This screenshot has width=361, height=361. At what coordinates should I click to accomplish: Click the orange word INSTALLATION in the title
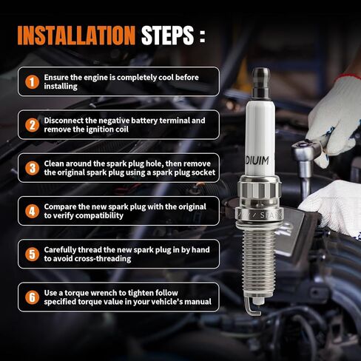click(76, 36)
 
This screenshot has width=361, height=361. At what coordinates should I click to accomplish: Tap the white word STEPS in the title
click(168, 36)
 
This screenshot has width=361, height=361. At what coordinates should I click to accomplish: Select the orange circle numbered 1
click(32, 81)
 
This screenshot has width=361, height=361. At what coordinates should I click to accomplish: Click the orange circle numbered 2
click(32, 125)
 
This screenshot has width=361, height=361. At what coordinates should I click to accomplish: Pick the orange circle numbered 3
click(32, 168)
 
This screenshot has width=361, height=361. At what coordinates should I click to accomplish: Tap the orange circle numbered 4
click(32, 211)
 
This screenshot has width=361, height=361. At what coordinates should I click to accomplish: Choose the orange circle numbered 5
click(32, 254)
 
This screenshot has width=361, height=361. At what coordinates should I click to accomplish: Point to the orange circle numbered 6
click(32, 297)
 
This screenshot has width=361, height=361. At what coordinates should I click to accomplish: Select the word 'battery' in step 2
click(144, 121)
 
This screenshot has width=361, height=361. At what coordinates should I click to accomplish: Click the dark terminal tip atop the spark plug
click(261, 82)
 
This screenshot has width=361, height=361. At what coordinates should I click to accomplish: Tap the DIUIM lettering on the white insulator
click(257, 161)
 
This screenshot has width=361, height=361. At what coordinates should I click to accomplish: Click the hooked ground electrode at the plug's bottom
click(252, 308)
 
